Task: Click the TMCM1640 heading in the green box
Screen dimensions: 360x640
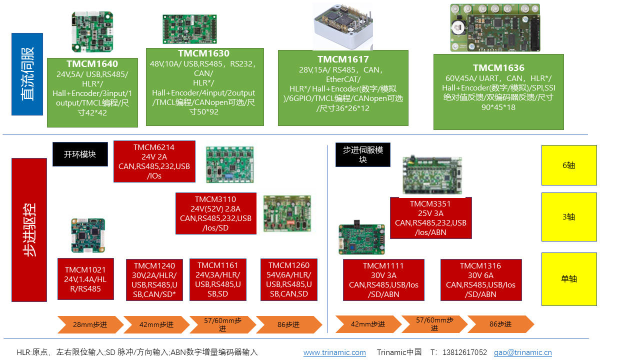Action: pos(92,64)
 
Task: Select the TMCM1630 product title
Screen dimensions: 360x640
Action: pos(203,53)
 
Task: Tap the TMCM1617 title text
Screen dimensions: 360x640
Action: pos(343,59)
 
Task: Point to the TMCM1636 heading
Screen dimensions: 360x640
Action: pos(498,68)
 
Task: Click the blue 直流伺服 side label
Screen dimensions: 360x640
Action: pos(27,74)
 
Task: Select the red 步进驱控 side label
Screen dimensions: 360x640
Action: pos(29,230)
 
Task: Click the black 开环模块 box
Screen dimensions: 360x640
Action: pos(80,154)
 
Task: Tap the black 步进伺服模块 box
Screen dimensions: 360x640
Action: pos(362,154)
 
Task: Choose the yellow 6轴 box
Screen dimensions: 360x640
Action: pos(569,165)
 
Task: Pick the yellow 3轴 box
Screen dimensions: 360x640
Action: pos(569,217)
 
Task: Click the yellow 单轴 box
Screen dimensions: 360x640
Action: pos(569,279)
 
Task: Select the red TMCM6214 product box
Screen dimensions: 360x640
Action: pos(154,161)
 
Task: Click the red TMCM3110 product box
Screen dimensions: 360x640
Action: pos(216,213)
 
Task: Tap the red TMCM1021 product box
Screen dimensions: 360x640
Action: pos(85,279)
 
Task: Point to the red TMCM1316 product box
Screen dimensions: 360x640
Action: pos(480,280)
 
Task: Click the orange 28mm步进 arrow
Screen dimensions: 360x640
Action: pos(90,324)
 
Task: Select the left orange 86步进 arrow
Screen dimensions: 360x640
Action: pos(288,324)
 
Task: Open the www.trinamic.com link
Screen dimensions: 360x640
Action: pos(334,352)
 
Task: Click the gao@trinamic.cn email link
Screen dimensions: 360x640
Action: pos(522,352)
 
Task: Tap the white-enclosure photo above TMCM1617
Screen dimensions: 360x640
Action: pos(343,25)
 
